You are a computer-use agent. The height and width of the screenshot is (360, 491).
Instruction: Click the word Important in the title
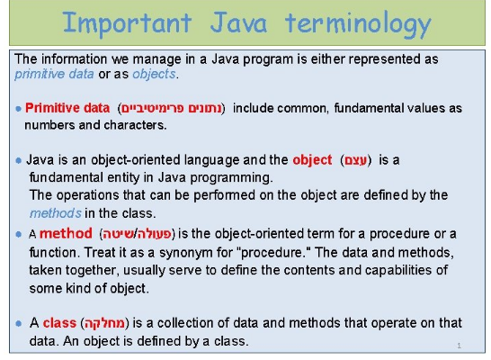127,22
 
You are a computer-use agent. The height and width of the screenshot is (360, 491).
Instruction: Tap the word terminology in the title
358,24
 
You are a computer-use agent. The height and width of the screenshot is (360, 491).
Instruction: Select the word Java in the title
238,22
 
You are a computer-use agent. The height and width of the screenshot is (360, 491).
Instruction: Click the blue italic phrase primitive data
54,75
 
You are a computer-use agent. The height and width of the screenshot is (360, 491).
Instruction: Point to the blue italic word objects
154,75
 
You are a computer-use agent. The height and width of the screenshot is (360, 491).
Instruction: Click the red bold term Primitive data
67,108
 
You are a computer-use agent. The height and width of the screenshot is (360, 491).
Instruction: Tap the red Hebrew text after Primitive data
171,108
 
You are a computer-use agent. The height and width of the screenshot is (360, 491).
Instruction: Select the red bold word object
312,160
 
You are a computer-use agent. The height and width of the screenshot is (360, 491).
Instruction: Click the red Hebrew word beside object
356,160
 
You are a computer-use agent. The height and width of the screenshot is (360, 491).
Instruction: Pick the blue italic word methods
56,213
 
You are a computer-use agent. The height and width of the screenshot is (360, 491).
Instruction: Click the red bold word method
66,234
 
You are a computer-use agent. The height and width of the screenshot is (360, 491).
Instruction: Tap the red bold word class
59,323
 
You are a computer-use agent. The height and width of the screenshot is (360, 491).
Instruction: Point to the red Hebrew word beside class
104,323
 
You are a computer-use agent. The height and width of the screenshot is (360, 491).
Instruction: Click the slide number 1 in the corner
459,346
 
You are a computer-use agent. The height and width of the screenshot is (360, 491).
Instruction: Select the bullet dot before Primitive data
19,109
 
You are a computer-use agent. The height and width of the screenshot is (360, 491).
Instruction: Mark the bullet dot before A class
19,323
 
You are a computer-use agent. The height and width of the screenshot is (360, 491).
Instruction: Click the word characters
135,125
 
